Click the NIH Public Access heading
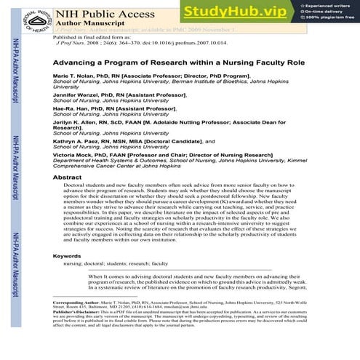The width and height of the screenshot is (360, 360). (100, 11)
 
